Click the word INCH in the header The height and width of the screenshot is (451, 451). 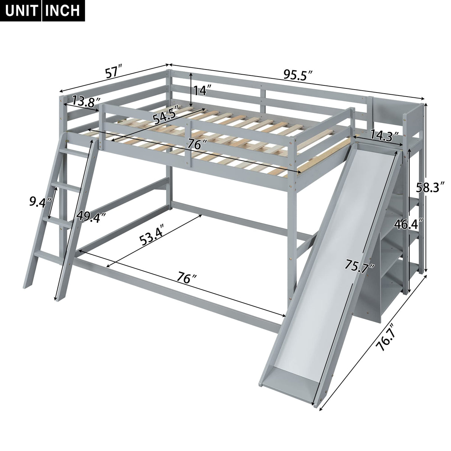pyautogui.click(x=62, y=10)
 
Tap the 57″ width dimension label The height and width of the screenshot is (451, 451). pyautogui.click(x=114, y=72)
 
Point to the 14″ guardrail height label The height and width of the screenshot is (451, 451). pyautogui.click(x=203, y=91)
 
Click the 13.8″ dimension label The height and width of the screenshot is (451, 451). pyautogui.click(x=87, y=101)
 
